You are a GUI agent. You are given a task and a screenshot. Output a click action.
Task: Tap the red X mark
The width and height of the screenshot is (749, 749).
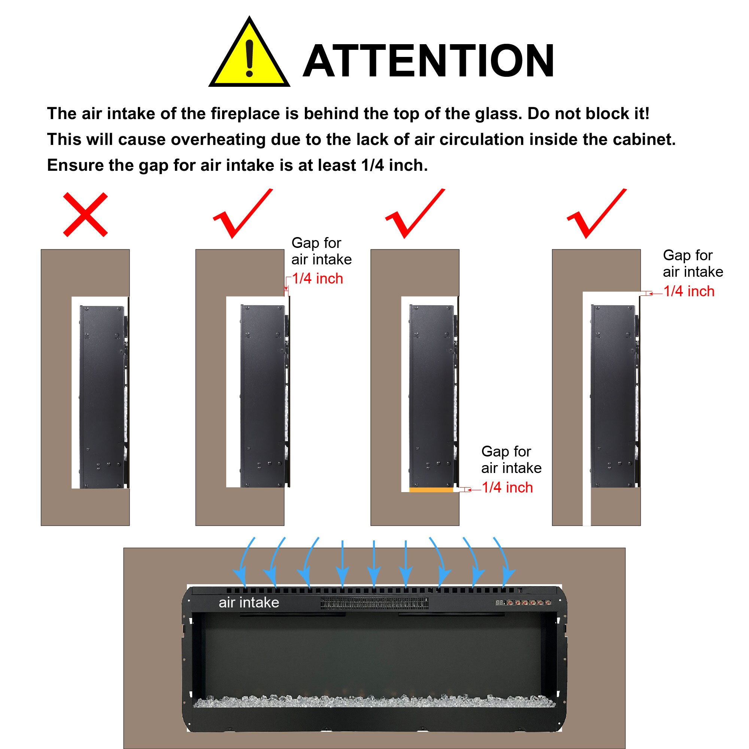tap(85, 214)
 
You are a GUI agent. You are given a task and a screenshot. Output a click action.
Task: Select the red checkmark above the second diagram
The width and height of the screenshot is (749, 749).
tap(243, 213)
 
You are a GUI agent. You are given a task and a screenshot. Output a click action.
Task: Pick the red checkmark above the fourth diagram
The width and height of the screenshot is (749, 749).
tap(597, 213)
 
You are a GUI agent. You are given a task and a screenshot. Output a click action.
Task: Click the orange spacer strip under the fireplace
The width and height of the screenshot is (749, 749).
tap(431, 490)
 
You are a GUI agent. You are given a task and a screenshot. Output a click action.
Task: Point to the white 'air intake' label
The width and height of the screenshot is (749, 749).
tap(249, 602)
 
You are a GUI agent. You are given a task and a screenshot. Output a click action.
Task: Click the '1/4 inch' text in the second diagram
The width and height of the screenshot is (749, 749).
tap(318, 278)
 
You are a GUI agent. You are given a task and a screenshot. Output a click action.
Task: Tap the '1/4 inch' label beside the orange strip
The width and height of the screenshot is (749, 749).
tap(507, 487)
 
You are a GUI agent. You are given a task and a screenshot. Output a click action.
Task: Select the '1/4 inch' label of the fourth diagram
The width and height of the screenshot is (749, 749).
tap(689, 291)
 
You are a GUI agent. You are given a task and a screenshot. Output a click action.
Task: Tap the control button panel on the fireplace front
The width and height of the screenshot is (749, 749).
tap(524, 603)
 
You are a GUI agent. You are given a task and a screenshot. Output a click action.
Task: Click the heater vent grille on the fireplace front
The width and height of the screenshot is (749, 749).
tap(374, 603)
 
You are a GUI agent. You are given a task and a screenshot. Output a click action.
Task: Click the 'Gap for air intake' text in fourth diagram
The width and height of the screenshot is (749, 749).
tap(693, 264)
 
